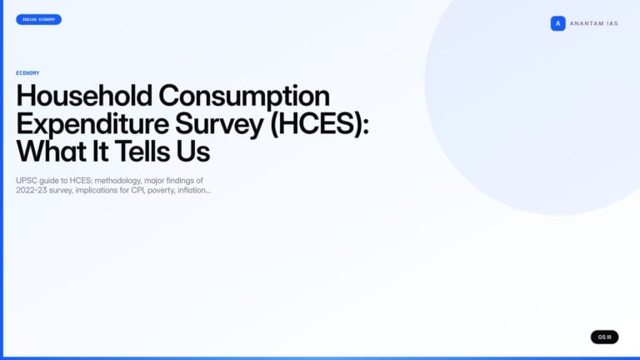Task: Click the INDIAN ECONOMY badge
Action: point(38,19)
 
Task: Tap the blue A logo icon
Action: point(557,23)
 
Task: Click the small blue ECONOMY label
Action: point(27,73)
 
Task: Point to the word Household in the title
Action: point(84,96)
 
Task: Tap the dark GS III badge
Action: point(604,337)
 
